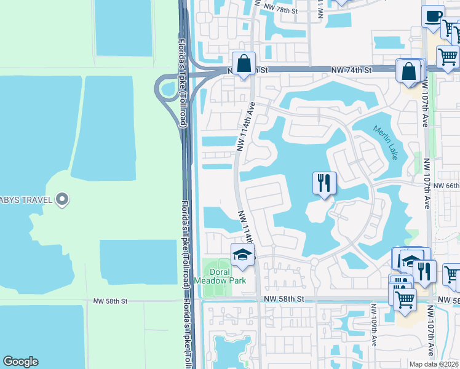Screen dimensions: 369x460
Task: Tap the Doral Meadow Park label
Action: [x=220, y=276]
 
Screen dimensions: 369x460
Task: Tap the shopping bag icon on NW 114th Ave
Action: [x=244, y=64]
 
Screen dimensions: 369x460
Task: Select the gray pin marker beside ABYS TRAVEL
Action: [x=61, y=199]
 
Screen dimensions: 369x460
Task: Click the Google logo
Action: [x=20, y=362]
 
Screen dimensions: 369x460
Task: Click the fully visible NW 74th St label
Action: [x=351, y=71]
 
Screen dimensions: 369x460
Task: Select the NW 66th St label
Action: [x=446, y=186]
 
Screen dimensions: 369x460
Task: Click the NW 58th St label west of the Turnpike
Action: [x=110, y=301]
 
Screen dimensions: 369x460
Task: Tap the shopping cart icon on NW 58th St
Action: [x=405, y=300]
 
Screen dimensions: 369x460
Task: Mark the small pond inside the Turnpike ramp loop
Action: [x=167, y=89]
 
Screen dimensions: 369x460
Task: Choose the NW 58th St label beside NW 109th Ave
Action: [x=284, y=298]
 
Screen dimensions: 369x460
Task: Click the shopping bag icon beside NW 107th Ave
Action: [x=409, y=71]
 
